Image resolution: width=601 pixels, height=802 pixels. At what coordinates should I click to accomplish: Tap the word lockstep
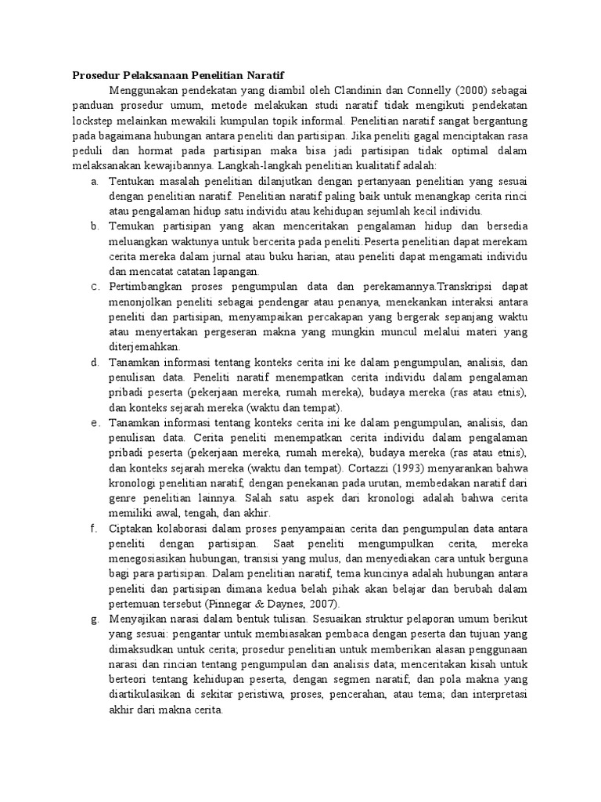[93, 122]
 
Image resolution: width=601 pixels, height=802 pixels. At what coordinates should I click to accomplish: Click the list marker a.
[93, 181]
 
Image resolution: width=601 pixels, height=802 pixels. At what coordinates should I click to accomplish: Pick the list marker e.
[93, 423]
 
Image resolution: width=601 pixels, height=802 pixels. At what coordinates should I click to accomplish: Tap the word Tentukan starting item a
[134, 181]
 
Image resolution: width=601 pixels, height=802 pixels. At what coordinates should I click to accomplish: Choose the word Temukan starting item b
[132, 226]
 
